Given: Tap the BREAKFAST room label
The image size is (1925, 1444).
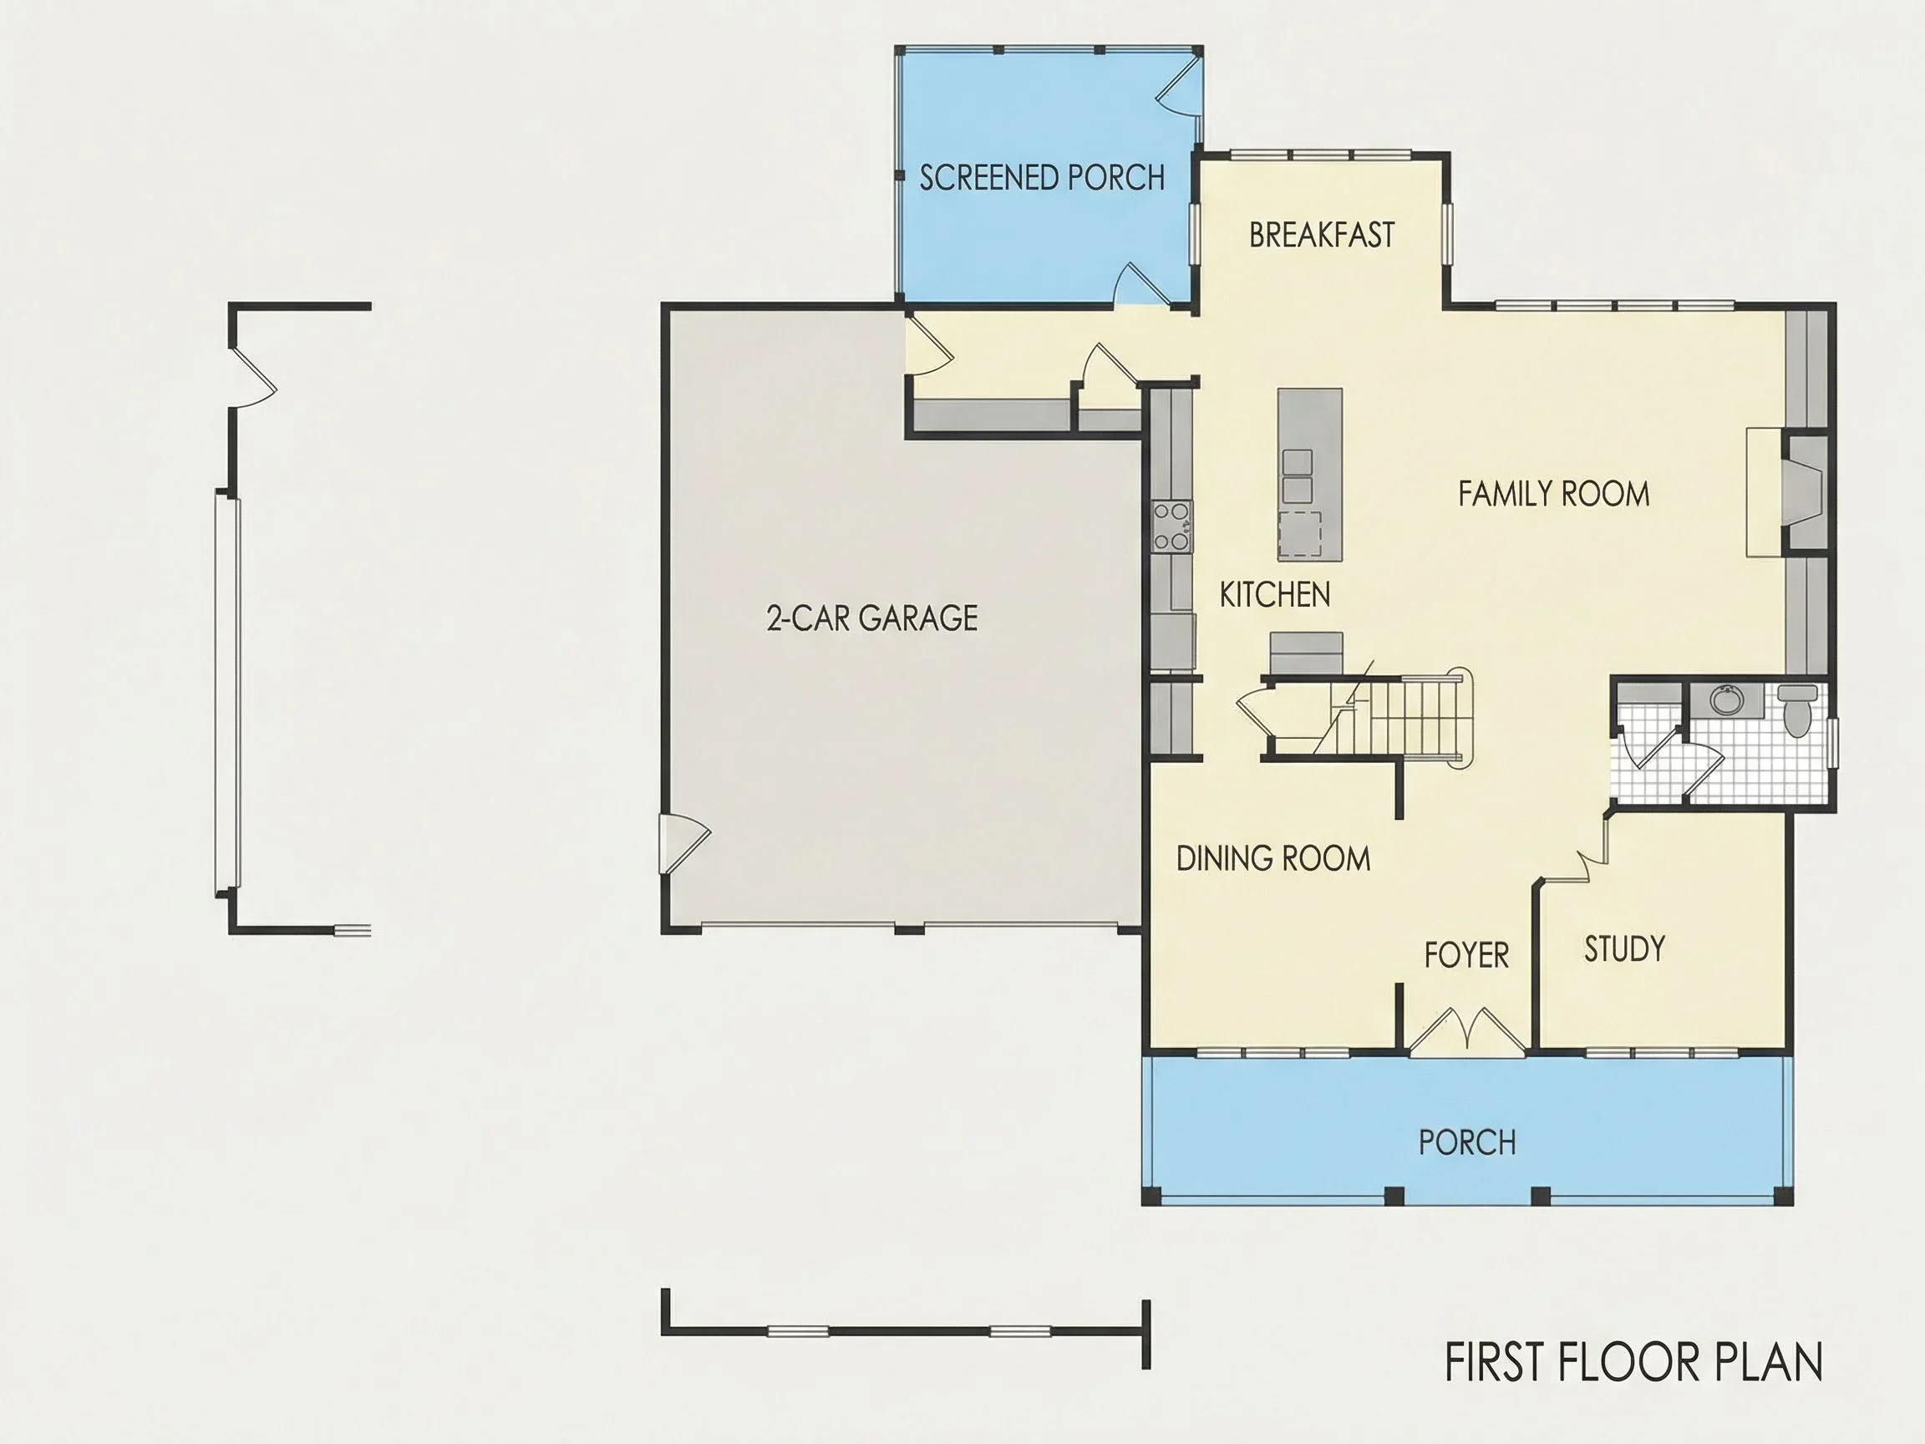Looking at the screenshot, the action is coord(1321,235).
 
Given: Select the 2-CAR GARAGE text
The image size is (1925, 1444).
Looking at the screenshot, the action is coord(872,618).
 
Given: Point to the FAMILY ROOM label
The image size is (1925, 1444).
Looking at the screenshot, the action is coord(1553,495).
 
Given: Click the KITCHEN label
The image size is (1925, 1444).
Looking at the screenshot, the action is coord(1275,595).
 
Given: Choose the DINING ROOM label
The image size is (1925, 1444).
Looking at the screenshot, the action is coord(1273,859).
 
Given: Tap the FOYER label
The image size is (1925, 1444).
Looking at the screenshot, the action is coord(1466,956).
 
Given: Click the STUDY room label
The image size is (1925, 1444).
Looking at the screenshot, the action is coord(1624,948).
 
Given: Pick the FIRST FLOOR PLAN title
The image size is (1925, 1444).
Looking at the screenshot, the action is coord(1633,1363).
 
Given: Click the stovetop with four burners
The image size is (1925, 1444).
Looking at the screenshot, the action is coord(1171,527).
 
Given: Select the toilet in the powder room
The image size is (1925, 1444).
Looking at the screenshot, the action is coord(1796,709).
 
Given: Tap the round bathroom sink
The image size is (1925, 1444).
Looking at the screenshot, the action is coord(1724,699).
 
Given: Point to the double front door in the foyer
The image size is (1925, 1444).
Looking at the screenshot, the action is coord(1467,1030).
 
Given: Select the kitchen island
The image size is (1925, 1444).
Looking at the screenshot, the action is coord(1310,475).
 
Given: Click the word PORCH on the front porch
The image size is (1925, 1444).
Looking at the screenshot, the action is coord(1467,1143).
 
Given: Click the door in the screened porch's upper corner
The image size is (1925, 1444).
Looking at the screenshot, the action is coord(1179,85).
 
